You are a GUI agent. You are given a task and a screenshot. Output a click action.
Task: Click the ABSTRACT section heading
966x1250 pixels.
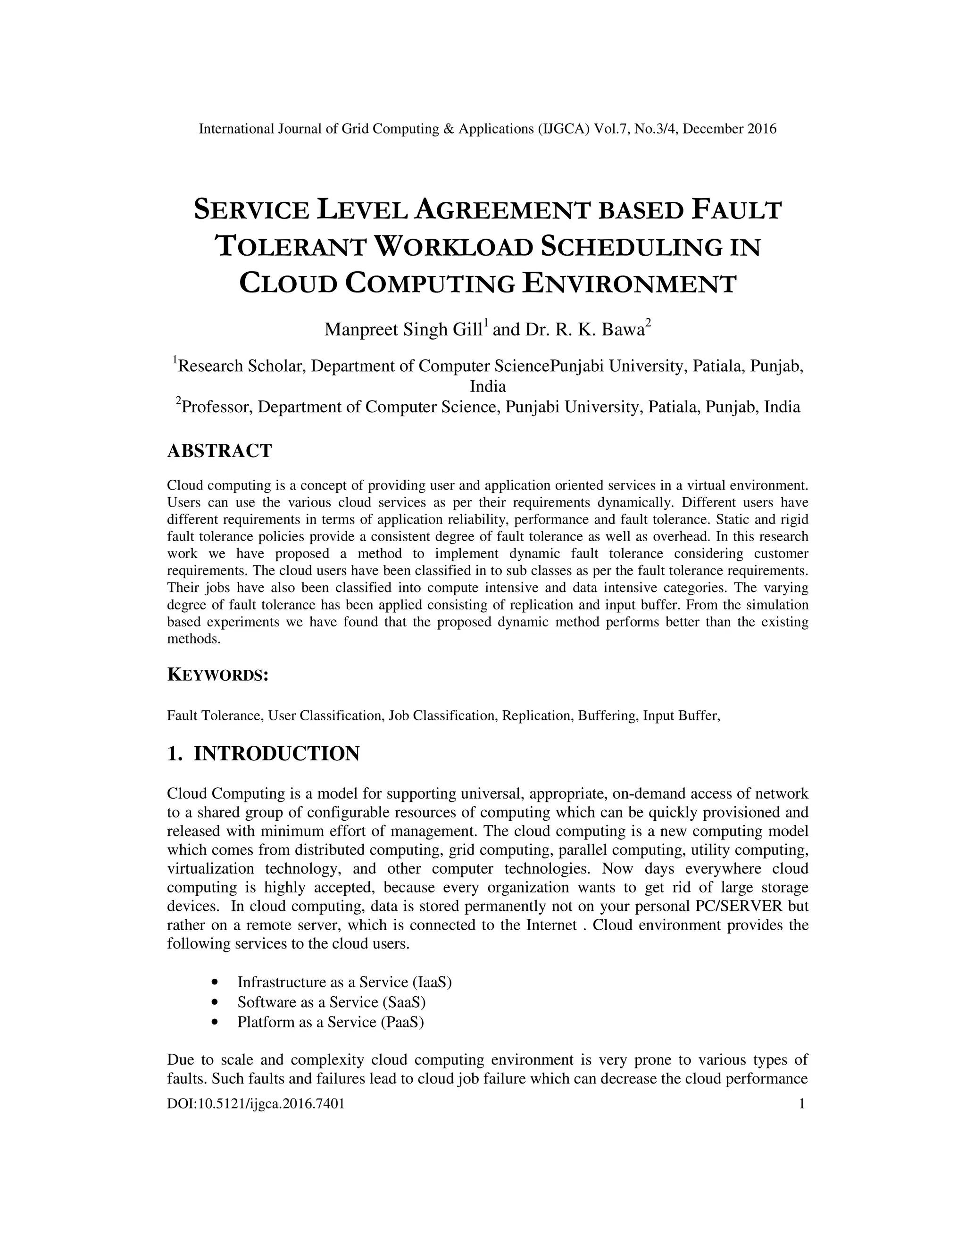pos(219,451)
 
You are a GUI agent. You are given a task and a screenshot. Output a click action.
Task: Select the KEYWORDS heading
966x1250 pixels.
pos(217,675)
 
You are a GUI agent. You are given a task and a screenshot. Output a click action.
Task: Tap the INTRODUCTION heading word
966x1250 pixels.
pos(276,754)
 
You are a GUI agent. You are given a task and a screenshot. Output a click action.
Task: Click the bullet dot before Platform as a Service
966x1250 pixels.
pos(215,1022)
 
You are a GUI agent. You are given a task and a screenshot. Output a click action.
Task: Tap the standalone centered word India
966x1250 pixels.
pos(488,386)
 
